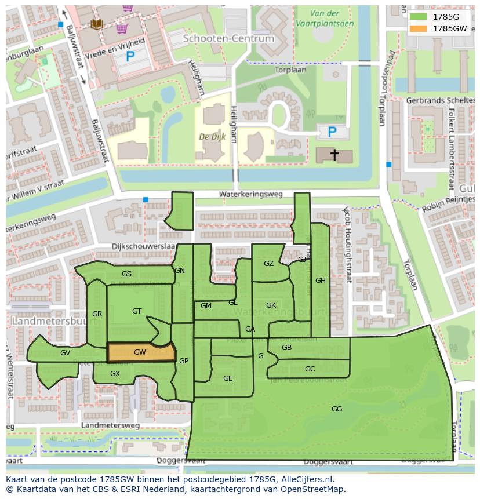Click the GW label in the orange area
(x=140, y=352)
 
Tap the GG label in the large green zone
(x=337, y=409)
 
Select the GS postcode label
(x=126, y=274)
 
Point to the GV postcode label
(x=65, y=352)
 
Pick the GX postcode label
(x=115, y=374)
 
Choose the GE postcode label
(x=228, y=378)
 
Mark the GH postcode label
(x=320, y=281)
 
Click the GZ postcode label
(x=268, y=264)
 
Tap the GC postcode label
(x=310, y=369)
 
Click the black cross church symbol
(x=334, y=154)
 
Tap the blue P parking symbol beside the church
(x=332, y=132)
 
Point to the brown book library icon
(x=96, y=23)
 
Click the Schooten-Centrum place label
(x=228, y=38)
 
